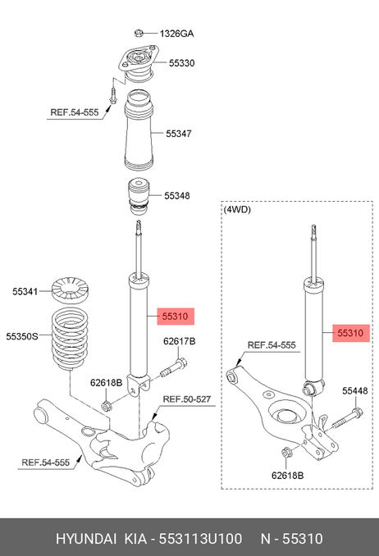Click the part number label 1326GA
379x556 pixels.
[176, 34]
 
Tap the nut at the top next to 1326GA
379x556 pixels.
[139, 34]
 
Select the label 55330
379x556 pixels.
[181, 63]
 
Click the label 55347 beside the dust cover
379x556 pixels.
[179, 134]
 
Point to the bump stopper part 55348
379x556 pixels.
[139, 197]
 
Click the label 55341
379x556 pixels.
[25, 291]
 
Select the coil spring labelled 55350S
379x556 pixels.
[70, 340]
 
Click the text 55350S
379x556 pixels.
[22, 336]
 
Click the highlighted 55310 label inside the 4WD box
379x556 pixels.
[350, 333]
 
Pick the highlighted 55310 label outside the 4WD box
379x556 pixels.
[176, 316]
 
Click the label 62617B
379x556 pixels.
[179, 341]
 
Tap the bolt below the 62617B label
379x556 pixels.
[174, 368]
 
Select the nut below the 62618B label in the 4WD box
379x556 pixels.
[286, 453]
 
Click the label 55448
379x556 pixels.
[355, 391]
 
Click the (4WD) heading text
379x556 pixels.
[237, 210]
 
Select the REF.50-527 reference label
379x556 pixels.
[187, 399]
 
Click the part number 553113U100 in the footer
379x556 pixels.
[200, 539]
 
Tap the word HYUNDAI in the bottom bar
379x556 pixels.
[86, 539]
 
